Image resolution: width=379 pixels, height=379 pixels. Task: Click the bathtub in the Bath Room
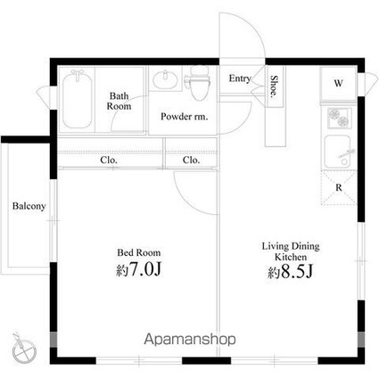coord(77,100)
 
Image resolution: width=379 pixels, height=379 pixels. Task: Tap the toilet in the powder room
coord(198,83)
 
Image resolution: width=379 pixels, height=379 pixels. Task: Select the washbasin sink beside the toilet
coord(165,78)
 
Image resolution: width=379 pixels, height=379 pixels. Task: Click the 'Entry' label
coord(240,78)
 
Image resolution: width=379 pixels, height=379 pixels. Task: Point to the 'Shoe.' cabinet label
coord(274,87)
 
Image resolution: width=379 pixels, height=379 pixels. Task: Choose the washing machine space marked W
coord(338,84)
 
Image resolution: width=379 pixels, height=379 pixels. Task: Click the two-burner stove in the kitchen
coord(339,118)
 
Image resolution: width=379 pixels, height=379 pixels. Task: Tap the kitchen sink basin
coord(339,152)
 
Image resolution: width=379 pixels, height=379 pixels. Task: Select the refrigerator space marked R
coord(339,187)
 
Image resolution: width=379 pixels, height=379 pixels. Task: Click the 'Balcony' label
coord(29,206)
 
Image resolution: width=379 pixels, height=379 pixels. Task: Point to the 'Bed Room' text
coord(139,253)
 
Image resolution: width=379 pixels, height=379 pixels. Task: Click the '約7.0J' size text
coord(139,269)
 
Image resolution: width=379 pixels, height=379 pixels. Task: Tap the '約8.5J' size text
coord(291,272)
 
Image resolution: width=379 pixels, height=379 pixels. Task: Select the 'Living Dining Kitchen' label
coord(291,251)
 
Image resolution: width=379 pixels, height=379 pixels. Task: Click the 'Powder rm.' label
coord(185,117)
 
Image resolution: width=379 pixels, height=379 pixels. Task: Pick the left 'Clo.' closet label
coord(109,161)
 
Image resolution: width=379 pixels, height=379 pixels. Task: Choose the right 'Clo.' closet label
coord(192,161)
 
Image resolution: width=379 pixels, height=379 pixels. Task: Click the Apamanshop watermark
coord(190,339)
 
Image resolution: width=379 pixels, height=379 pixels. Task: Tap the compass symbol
coord(23,349)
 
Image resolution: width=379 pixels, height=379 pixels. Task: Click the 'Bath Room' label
coord(119,101)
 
